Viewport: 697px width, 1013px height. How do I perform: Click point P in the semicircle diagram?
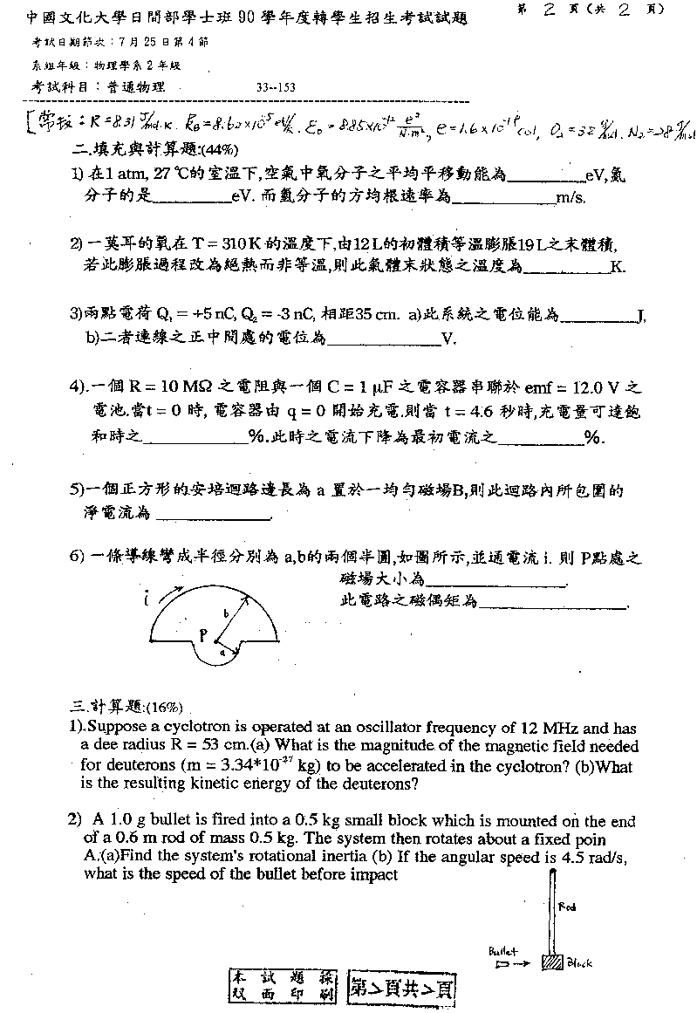coord(202,636)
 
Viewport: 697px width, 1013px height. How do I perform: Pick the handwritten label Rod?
coord(566,907)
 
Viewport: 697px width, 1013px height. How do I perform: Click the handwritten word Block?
coord(579,963)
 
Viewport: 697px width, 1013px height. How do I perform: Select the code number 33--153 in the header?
coord(277,87)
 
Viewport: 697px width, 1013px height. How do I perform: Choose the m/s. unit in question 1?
coord(571,198)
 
